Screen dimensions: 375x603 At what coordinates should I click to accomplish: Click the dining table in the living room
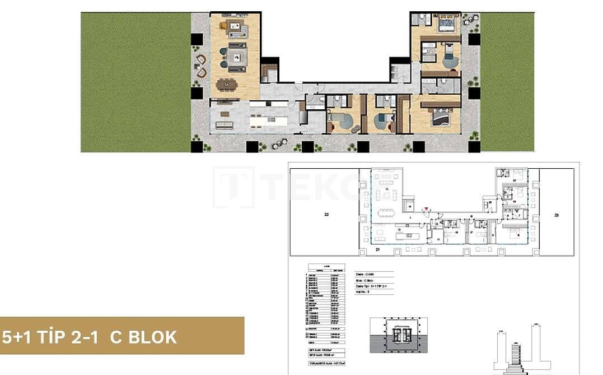click(226, 84)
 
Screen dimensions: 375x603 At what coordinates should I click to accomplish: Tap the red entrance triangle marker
click(426, 210)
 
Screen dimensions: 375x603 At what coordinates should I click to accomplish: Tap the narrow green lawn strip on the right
click(499, 82)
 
